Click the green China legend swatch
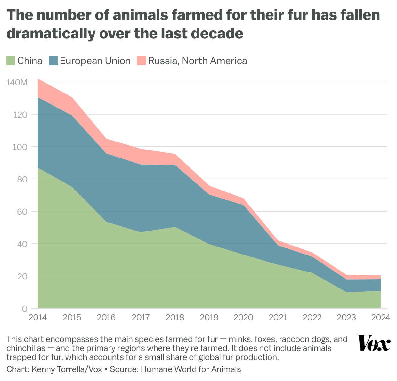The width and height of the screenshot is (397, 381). [11, 61]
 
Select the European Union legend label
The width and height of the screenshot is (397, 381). [95, 61]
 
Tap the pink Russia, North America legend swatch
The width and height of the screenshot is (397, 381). [141, 61]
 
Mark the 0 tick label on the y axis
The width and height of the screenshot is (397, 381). [24, 309]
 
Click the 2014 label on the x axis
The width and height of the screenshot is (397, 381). [38, 318]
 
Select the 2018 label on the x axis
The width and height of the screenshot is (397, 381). [175, 318]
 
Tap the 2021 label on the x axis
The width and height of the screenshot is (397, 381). [278, 318]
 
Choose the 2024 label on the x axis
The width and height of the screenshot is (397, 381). [380, 318]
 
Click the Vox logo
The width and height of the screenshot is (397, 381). [374, 343]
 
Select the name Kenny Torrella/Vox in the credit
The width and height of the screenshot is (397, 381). [66, 369]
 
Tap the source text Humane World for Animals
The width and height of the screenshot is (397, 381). [191, 369]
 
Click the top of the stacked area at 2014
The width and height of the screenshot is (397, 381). [38, 79]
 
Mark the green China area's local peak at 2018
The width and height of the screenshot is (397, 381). [175, 227]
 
